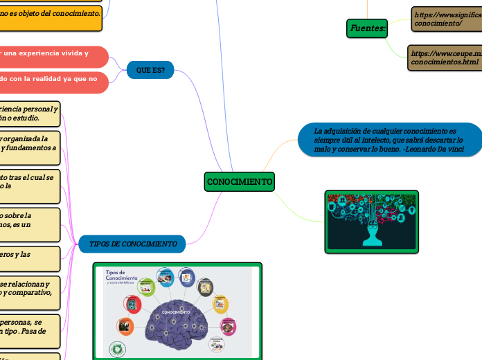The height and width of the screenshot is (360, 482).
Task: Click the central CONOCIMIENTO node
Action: [240, 181]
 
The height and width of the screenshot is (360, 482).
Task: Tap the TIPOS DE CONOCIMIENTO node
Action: [132, 244]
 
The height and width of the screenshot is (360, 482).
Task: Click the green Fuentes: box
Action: [367, 28]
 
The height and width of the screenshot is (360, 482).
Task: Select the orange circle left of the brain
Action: [125, 325]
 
